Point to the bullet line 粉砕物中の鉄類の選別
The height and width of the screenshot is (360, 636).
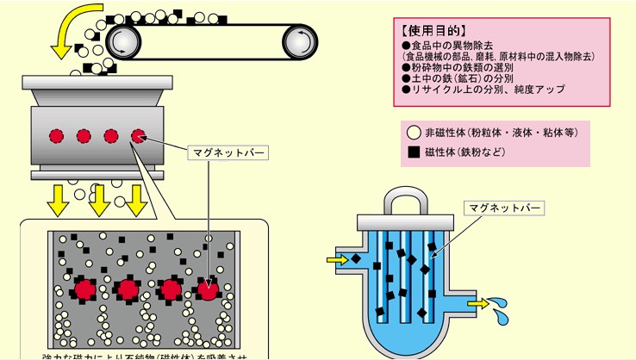(x=456, y=67)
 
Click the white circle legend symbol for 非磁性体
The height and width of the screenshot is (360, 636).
(x=415, y=133)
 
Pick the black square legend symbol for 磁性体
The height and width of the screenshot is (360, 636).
(x=415, y=152)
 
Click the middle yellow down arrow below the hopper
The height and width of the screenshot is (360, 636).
(x=99, y=200)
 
